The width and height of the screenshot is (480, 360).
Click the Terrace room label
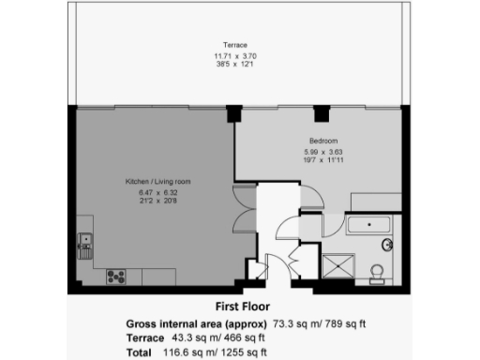click(x=234, y=45)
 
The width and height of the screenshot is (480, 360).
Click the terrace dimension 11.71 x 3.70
click(x=234, y=55)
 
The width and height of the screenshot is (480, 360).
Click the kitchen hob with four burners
click(x=117, y=276)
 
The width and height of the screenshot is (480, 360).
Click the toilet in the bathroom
click(x=377, y=273)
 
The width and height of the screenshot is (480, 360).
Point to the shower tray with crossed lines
click(x=335, y=264)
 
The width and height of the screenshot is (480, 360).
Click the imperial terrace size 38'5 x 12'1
click(x=234, y=66)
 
